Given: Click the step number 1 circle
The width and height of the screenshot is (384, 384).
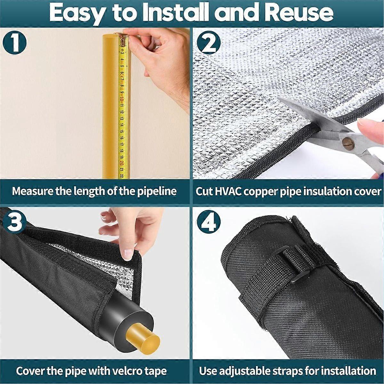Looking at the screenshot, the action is click(x=14, y=43).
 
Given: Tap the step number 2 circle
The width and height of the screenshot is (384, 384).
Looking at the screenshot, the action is click(x=209, y=43).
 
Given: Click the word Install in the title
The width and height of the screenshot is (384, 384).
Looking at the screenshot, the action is click(x=165, y=12).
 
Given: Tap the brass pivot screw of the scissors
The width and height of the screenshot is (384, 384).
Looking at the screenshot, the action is click(x=348, y=142).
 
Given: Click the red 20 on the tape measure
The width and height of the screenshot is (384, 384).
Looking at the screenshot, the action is click(x=121, y=163).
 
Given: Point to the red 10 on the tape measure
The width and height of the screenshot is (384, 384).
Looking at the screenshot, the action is click(x=121, y=99).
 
